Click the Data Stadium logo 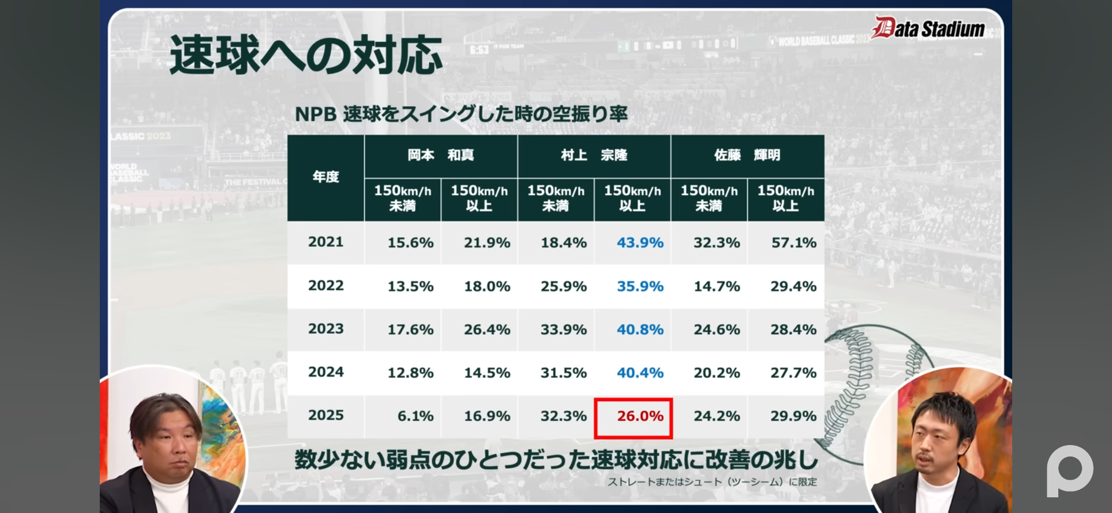(x=929, y=28)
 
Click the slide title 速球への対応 (x=306, y=55)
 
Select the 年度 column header (x=326, y=177)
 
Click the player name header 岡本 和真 (x=440, y=155)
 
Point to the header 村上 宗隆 (x=594, y=155)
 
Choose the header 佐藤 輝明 (x=747, y=155)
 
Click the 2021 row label (x=326, y=242)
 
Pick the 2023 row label (x=326, y=329)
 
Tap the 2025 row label (x=326, y=415)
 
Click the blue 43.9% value (x=639, y=243)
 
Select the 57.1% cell (x=793, y=243)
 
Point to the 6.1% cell (x=415, y=416)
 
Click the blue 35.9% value (x=639, y=287)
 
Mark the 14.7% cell (x=717, y=287)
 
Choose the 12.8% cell (x=410, y=373)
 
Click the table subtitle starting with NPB (x=461, y=114)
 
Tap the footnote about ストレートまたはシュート (x=712, y=482)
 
